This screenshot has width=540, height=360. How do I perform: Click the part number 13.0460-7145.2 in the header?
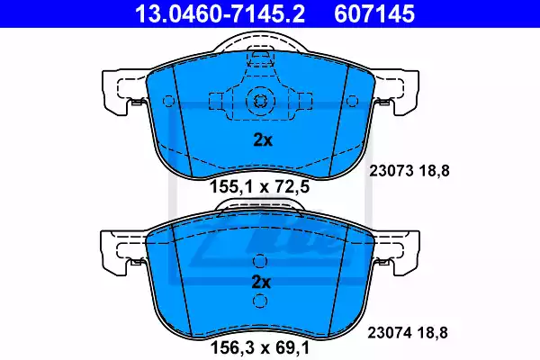point(220,14)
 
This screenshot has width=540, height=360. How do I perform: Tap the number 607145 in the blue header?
point(374,14)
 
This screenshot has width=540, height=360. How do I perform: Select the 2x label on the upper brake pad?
point(263,139)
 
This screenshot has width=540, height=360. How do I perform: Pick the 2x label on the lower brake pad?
point(261,282)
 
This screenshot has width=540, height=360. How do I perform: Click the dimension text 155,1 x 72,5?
point(260,187)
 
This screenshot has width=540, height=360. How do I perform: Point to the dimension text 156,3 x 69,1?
point(260,347)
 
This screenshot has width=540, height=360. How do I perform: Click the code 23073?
point(391,171)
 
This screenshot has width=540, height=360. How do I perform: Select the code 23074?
point(390,333)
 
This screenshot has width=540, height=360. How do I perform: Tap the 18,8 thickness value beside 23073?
point(434,171)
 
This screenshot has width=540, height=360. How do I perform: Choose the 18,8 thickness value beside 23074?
point(433,333)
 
